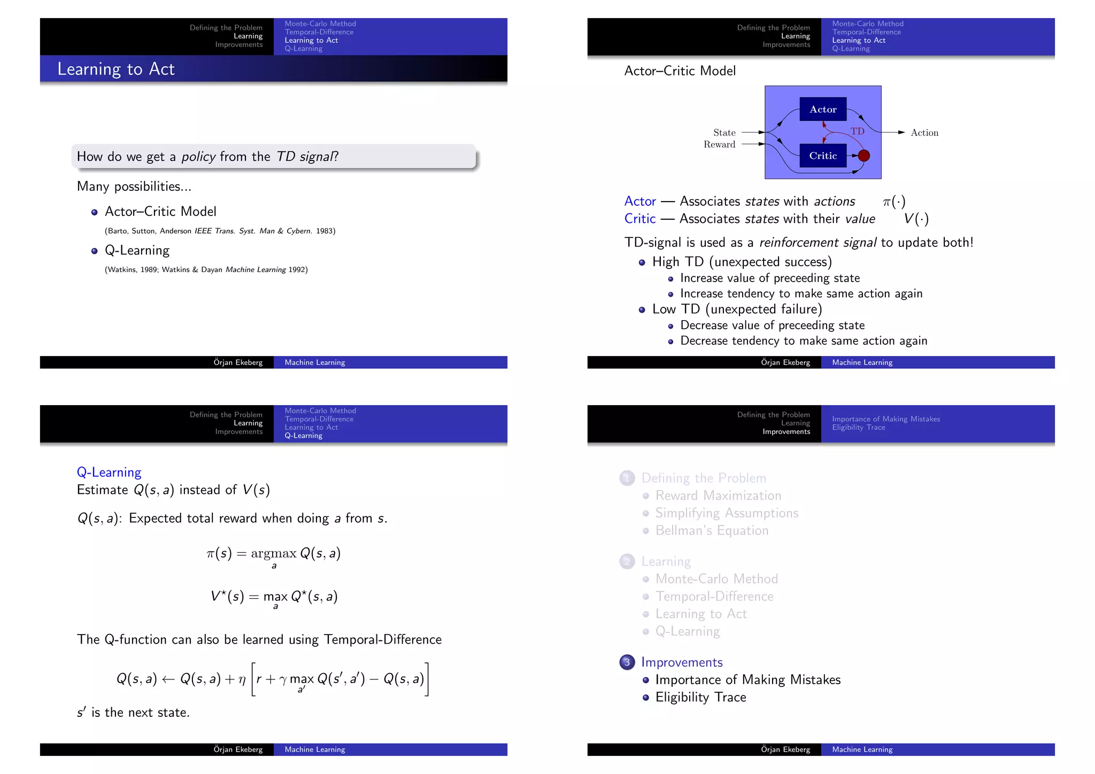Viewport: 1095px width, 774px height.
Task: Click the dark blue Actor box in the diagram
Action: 823,109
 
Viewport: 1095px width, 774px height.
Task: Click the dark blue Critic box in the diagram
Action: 823,156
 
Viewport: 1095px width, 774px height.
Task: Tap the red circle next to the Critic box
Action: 863,156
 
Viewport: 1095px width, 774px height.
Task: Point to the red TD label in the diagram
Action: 857,131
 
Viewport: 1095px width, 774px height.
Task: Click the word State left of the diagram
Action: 724,133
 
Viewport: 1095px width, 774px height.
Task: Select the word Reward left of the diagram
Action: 719,144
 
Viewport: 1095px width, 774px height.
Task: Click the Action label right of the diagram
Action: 924,133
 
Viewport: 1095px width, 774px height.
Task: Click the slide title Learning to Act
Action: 116,69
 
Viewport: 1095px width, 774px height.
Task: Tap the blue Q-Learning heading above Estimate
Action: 109,472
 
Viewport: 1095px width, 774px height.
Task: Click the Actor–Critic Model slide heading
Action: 680,71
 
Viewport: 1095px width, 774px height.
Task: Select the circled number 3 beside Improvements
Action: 627,662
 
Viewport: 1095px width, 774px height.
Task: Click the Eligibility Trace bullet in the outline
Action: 700,697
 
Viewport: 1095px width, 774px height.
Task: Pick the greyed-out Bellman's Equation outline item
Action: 712,530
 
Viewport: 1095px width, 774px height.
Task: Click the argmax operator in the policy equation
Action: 273,554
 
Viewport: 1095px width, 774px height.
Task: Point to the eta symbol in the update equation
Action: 242,680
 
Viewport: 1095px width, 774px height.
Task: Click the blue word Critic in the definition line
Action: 639,219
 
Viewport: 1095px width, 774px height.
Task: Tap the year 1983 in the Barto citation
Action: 325,231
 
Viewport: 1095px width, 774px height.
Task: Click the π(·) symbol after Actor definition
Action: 894,202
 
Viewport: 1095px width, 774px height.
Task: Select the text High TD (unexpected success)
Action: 742,261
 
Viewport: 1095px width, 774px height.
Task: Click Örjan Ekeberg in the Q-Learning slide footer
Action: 238,749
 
